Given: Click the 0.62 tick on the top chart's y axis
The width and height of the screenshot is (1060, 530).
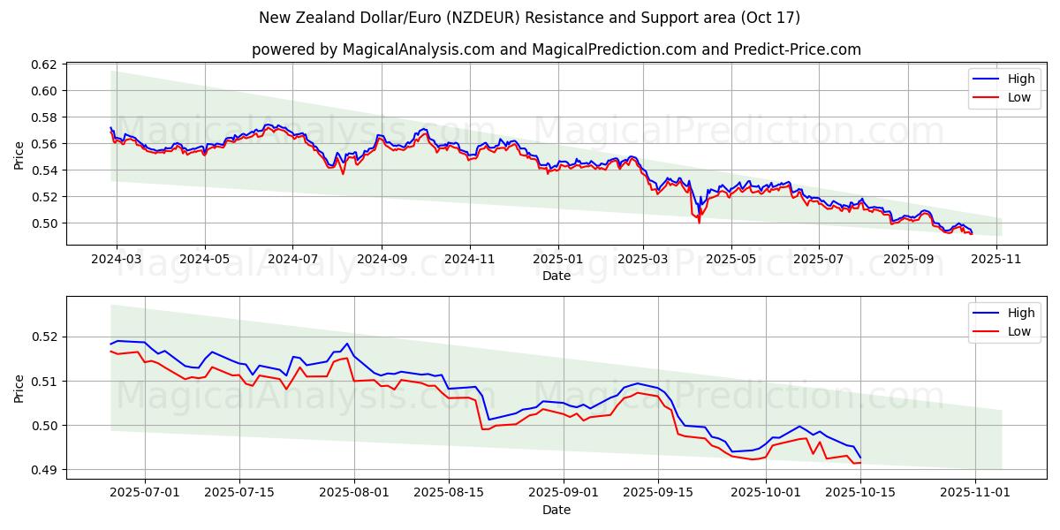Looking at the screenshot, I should [44, 64].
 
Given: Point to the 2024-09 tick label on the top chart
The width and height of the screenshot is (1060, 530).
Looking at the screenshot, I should [382, 260].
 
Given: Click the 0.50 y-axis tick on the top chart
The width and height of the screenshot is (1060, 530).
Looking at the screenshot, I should [44, 223].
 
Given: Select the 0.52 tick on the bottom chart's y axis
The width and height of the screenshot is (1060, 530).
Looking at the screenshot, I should [44, 337].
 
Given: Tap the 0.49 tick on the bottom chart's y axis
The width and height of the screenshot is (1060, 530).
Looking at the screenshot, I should [44, 470].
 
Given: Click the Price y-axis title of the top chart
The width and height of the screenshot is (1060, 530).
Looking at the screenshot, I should [19, 155].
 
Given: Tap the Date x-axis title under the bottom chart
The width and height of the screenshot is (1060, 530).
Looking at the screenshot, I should [556, 510].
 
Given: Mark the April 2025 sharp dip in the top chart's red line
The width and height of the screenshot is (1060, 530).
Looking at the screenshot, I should [700, 221].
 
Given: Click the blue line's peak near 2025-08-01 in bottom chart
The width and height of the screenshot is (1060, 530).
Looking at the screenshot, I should [347, 344].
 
